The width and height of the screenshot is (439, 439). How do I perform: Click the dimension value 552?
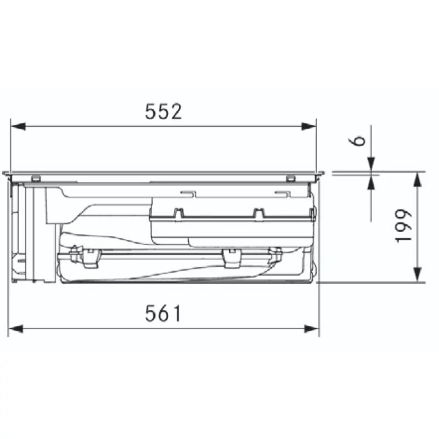164,111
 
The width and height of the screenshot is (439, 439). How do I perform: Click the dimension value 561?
163,313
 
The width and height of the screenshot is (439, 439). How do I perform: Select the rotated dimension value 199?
403,226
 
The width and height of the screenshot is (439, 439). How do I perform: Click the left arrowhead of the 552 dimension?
18,126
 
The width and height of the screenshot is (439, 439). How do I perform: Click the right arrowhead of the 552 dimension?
309,126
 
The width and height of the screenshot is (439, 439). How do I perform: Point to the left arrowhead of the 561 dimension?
15,329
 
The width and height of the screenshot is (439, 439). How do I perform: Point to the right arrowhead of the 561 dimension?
312,329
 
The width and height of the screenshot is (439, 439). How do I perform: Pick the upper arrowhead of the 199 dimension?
418,179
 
